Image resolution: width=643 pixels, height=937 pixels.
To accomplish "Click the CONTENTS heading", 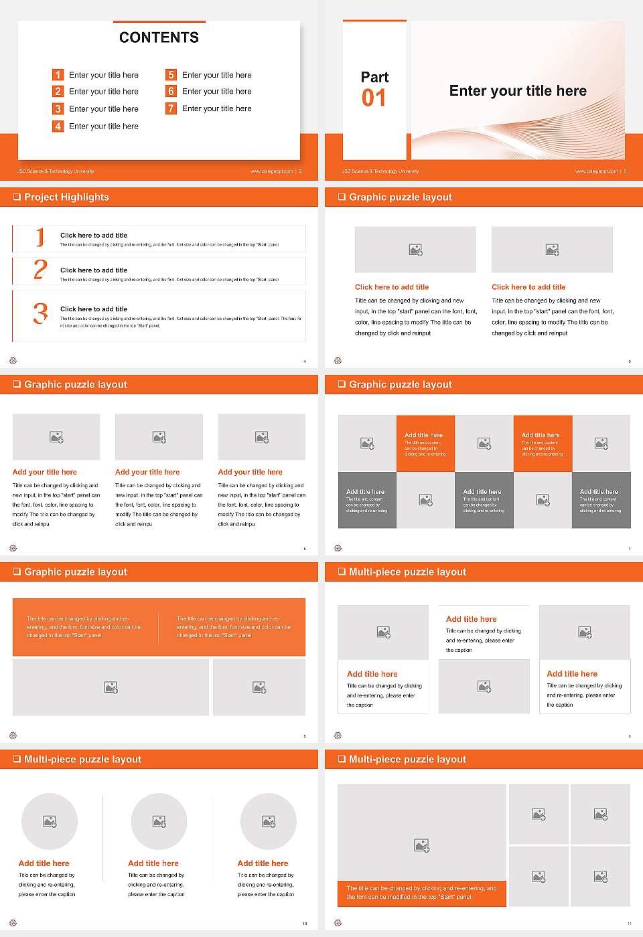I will coord(159,37).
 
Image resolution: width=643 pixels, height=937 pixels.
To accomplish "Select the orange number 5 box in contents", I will coord(171,75).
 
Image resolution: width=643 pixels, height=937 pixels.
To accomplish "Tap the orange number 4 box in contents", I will coord(58,126).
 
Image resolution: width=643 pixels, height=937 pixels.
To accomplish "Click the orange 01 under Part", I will coord(374,98).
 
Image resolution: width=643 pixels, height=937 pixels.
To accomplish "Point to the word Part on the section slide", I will coord(374,77).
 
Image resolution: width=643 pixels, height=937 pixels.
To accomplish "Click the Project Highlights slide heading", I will coord(66,197).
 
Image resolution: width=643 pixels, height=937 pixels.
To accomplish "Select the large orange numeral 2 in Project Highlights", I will coord(40,270).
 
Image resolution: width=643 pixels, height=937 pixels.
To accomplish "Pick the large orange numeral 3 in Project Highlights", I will coord(40,313).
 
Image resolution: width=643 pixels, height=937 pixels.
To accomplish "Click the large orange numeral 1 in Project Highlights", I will coord(40,237).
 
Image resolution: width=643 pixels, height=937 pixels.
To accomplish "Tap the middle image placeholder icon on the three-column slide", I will coord(159,437).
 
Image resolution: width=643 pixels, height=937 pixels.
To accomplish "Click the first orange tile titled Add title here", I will coord(425,444).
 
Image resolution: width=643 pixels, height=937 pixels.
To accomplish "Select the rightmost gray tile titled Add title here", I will coord(601,500).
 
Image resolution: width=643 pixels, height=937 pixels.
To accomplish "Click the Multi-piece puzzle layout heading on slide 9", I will coord(407,572).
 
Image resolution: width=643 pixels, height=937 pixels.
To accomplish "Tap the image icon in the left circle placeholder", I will coord(50,821).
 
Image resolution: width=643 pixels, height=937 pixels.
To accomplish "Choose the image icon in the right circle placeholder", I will coord(268,821).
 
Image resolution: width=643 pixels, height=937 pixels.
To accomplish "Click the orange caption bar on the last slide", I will coord(421,893).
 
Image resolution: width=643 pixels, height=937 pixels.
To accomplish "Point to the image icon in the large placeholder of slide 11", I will coord(421,846).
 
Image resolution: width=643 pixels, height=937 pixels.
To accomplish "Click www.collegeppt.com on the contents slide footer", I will coord(271,171).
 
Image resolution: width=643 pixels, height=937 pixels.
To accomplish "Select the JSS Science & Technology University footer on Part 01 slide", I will coord(380,171).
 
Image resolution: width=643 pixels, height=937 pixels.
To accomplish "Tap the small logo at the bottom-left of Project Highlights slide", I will coord(13,361).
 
